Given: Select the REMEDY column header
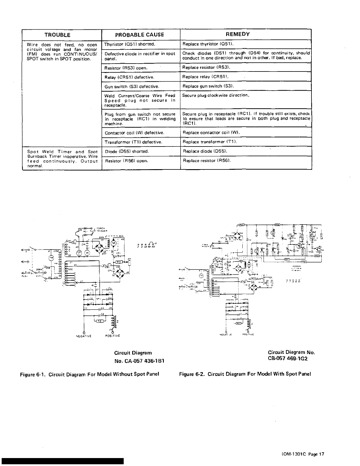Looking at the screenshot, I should click(x=238, y=34).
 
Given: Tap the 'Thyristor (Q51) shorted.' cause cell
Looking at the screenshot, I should click(x=130, y=44).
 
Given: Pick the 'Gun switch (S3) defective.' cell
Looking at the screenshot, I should click(x=132, y=86).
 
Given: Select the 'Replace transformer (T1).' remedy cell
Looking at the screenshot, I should click(x=210, y=142).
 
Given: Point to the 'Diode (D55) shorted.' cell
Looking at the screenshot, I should click(x=127, y=151).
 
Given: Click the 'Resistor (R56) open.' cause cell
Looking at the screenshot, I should click(x=126, y=161).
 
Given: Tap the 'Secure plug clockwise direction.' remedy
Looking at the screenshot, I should click(x=216, y=95).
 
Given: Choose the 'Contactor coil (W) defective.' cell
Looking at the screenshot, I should click(x=134, y=133).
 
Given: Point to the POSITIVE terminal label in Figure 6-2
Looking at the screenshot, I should click(x=249, y=334).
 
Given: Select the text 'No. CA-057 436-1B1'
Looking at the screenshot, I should click(x=139, y=361).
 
